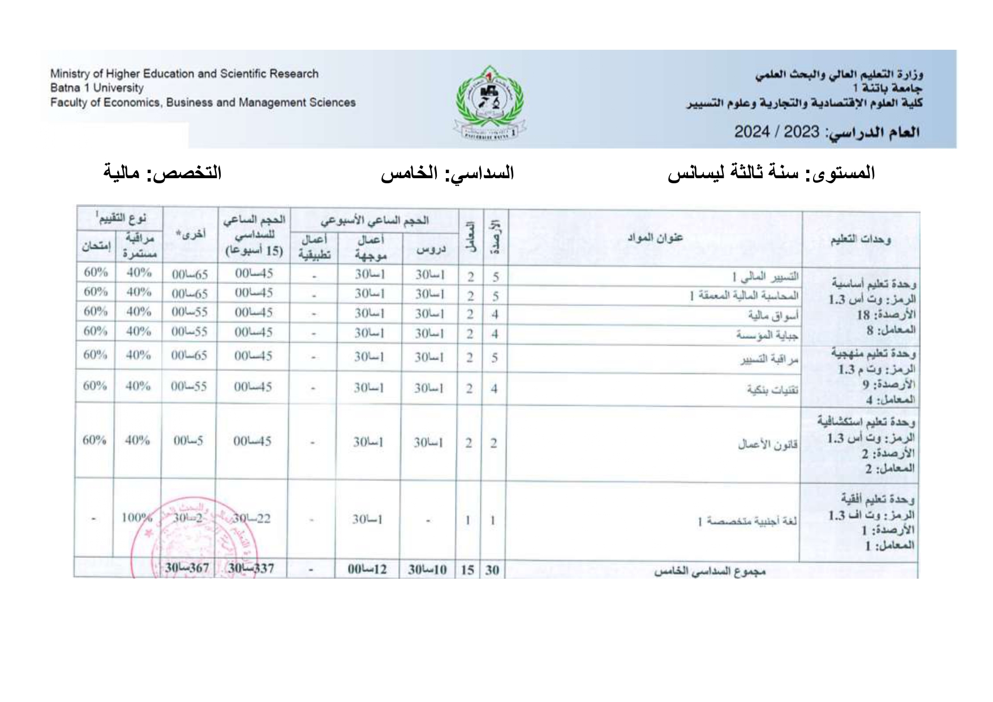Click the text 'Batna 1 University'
[x=97, y=88]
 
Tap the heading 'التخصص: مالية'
[x=162, y=173]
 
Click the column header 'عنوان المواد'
[x=655, y=238]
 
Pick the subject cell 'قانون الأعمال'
[x=767, y=444]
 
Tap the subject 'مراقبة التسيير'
[x=770, y=359]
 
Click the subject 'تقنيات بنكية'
[x=772, y=390]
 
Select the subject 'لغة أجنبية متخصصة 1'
[x=747, y=521]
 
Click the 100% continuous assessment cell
[x=136, y=517]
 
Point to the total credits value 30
[x=492, y=570]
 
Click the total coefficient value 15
[x=467, y=570]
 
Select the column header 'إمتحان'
[x=96, y=247]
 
